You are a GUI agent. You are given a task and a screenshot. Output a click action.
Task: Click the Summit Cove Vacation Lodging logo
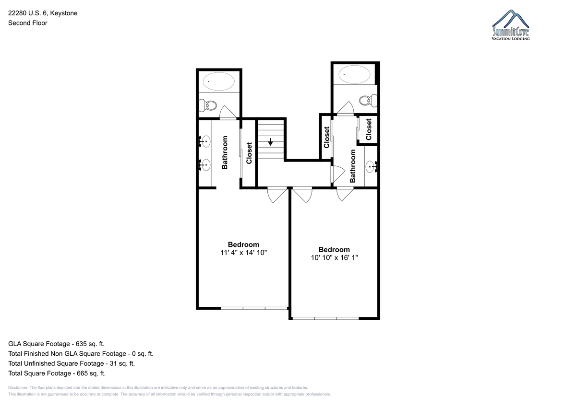tap(511, 25)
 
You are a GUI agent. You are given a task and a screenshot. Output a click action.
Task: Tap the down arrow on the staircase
tap(270, 142)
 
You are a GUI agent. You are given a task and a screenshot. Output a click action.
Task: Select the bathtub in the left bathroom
tap(219, 81)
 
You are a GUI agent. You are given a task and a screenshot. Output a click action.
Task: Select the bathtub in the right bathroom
tap(354, 74)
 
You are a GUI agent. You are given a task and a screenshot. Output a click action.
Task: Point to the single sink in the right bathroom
tap(371, 167)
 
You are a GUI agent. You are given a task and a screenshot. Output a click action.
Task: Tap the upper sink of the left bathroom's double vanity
tap(205, 141)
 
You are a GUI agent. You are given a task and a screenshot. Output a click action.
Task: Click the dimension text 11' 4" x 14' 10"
tap(243, 253)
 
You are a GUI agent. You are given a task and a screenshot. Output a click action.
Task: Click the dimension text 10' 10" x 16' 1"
tap(334, 257)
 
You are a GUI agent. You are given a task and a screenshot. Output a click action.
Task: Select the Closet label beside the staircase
tap(249, 153)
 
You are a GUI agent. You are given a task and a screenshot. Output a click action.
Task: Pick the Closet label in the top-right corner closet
tap(369, 129)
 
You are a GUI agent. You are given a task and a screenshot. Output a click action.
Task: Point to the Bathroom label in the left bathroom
tap(225, 152)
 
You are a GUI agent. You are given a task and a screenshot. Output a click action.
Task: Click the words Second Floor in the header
tap(28, 23)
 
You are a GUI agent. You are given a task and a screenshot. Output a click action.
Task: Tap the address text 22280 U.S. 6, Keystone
tap(43, 13)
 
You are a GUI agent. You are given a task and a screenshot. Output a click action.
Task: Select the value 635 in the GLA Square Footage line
tap(81, 344)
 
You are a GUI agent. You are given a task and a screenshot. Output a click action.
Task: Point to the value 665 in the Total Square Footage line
tap(82, 373)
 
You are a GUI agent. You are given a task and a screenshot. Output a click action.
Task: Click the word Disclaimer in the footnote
tap(18, 387)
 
